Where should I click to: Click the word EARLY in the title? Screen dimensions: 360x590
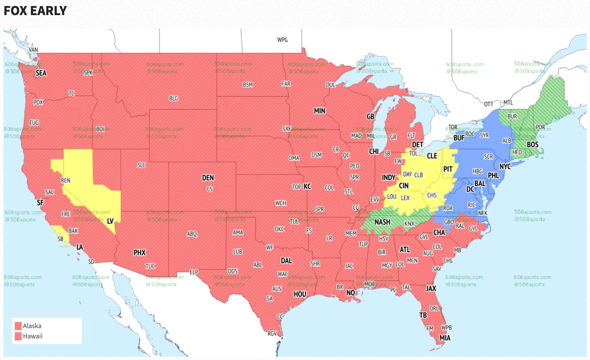coord(49,11)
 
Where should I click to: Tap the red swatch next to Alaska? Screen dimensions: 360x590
coord(18,326)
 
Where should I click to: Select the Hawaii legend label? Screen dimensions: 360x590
coord(33,336)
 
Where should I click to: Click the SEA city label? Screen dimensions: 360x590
coord(41,73)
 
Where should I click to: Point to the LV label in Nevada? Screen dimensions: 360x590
coord(110,221)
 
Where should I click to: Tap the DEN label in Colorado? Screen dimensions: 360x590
coord(208,178)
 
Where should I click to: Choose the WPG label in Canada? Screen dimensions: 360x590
coord(282,40)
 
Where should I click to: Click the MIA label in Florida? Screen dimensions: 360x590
coord(445,338)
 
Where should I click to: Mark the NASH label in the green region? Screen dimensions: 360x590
coord(382,222)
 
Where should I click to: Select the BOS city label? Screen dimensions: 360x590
coord(532,145)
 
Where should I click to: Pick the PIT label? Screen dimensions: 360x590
coord(448,169)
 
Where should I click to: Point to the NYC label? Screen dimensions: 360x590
coord(505,166)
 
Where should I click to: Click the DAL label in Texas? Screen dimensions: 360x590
coord(286,261)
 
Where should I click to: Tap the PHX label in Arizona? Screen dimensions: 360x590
coord(140,253)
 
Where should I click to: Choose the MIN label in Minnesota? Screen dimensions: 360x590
coord(319,111)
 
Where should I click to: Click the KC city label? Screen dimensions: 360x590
coord(307,187)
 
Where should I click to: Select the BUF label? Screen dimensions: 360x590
coord(459,138)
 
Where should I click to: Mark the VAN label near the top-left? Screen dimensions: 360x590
coord(33,50)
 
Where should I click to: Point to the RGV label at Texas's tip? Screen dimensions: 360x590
coord(272,333)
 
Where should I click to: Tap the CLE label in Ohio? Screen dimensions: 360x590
coord(432,156)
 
